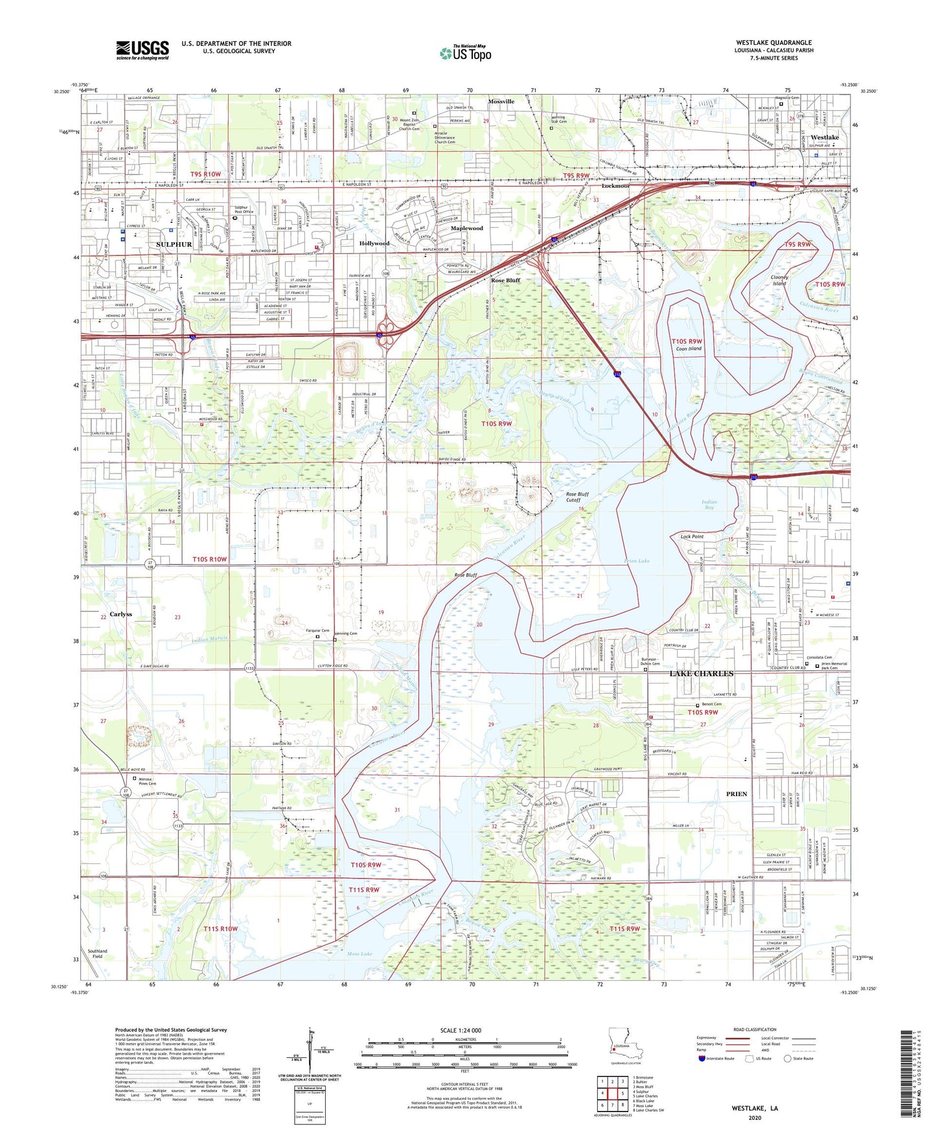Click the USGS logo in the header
(143, 50)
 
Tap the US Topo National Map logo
(464, 53)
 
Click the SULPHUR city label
(174, 244)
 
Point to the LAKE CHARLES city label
(701, 674)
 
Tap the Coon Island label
(688, 348)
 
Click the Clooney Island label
(779, 280)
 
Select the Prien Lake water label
(637, 561)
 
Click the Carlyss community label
(120, 614)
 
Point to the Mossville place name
(501, 102)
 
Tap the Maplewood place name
(466, 229)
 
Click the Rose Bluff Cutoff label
(577, 497)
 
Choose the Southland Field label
(98, 954)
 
